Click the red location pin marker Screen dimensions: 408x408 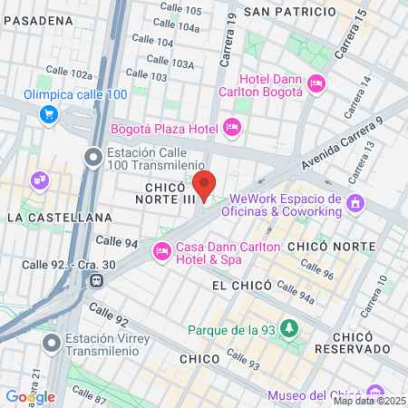click(x=204, y=184)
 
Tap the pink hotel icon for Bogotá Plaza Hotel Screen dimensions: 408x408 click(x=232, y=127)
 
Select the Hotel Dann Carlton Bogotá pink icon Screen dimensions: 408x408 click(x=316, y=84)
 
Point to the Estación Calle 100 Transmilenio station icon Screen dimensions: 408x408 click(x=92, y=158)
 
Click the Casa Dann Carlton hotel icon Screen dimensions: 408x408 click(x=162, y=249)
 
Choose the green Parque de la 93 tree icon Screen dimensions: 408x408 click(x=289, y=327)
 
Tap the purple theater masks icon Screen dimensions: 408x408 click(x=38, y=180)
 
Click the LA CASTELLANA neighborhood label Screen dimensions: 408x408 click(x=59, y=218)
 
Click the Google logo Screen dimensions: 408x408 click(x=30, y=396)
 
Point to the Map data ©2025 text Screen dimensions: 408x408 click(x=369, y=402)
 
